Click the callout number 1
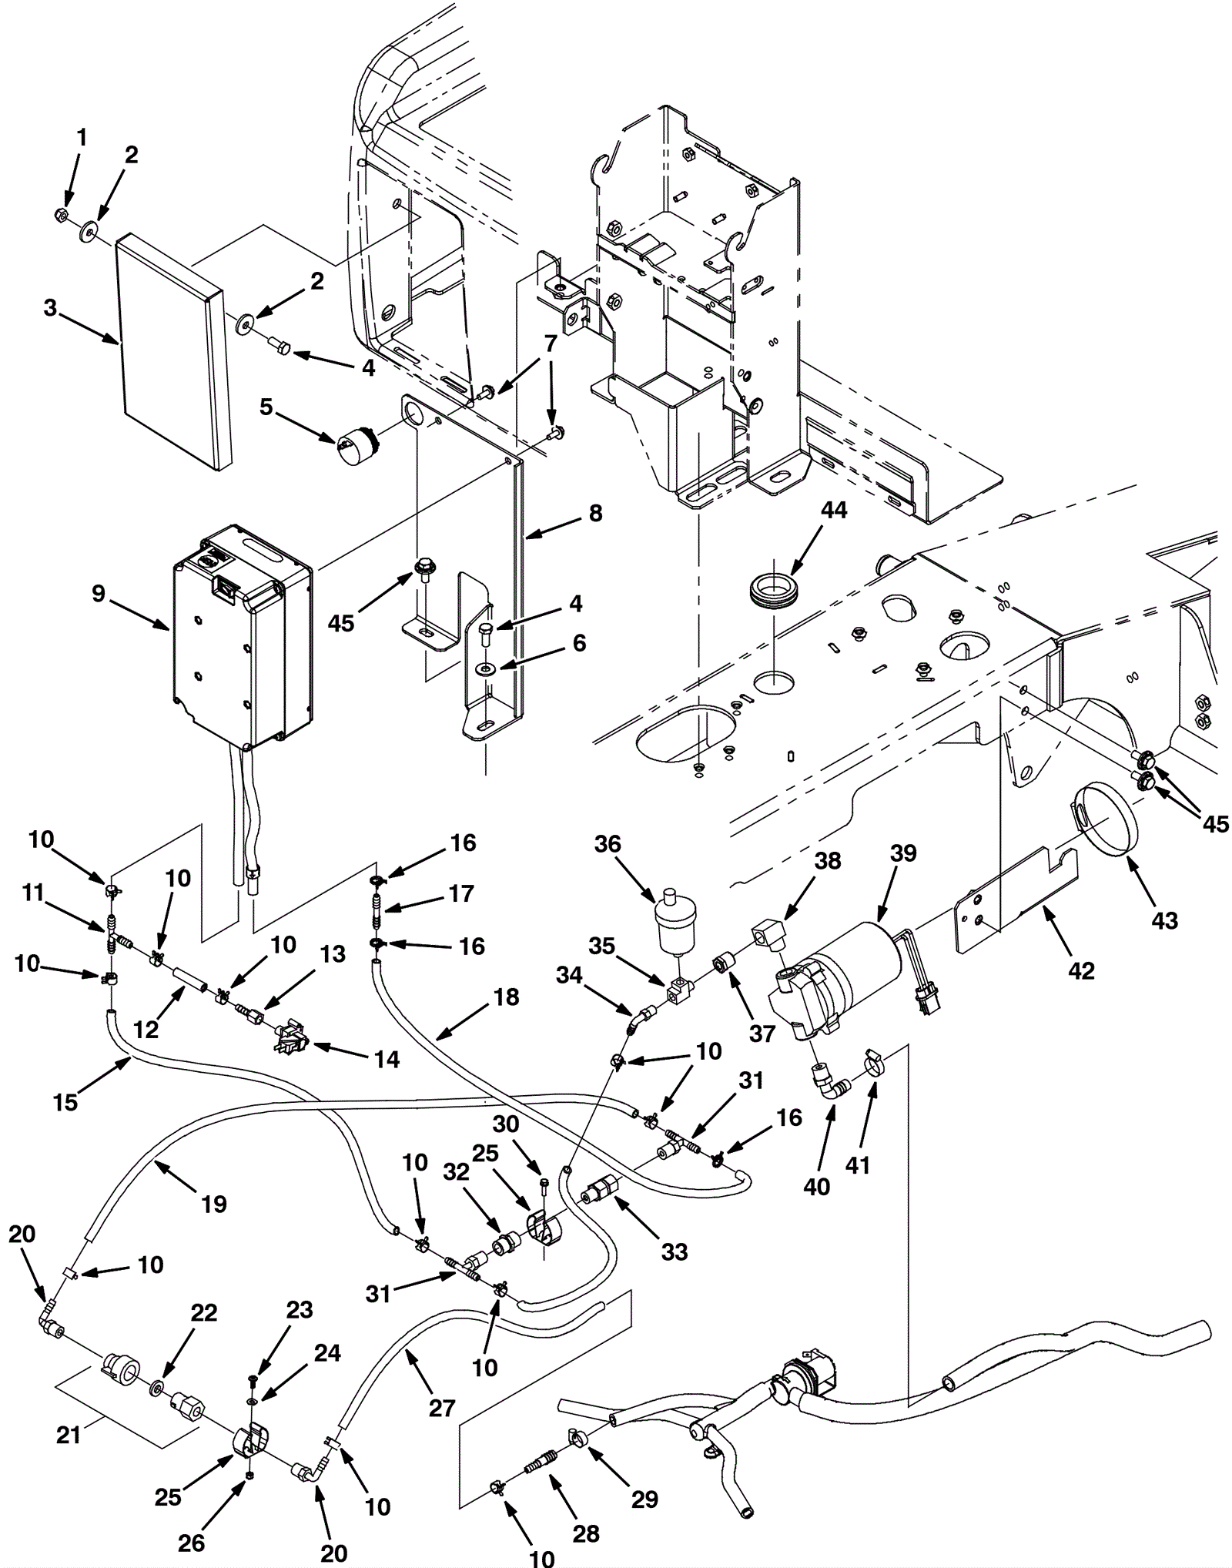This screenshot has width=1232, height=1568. [82, 138]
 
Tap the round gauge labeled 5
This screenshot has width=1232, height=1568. [353, 444]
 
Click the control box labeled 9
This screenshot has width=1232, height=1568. [240, 639]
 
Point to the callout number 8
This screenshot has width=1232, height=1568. [595, 513]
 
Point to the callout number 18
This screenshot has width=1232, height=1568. [506, 997]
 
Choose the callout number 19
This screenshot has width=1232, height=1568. [214, 1204]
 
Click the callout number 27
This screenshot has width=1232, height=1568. [442, 1408]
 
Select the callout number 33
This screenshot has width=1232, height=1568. [674, 1251]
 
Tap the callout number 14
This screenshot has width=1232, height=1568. [387, 1060]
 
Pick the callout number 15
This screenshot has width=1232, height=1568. [65, 1102]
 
